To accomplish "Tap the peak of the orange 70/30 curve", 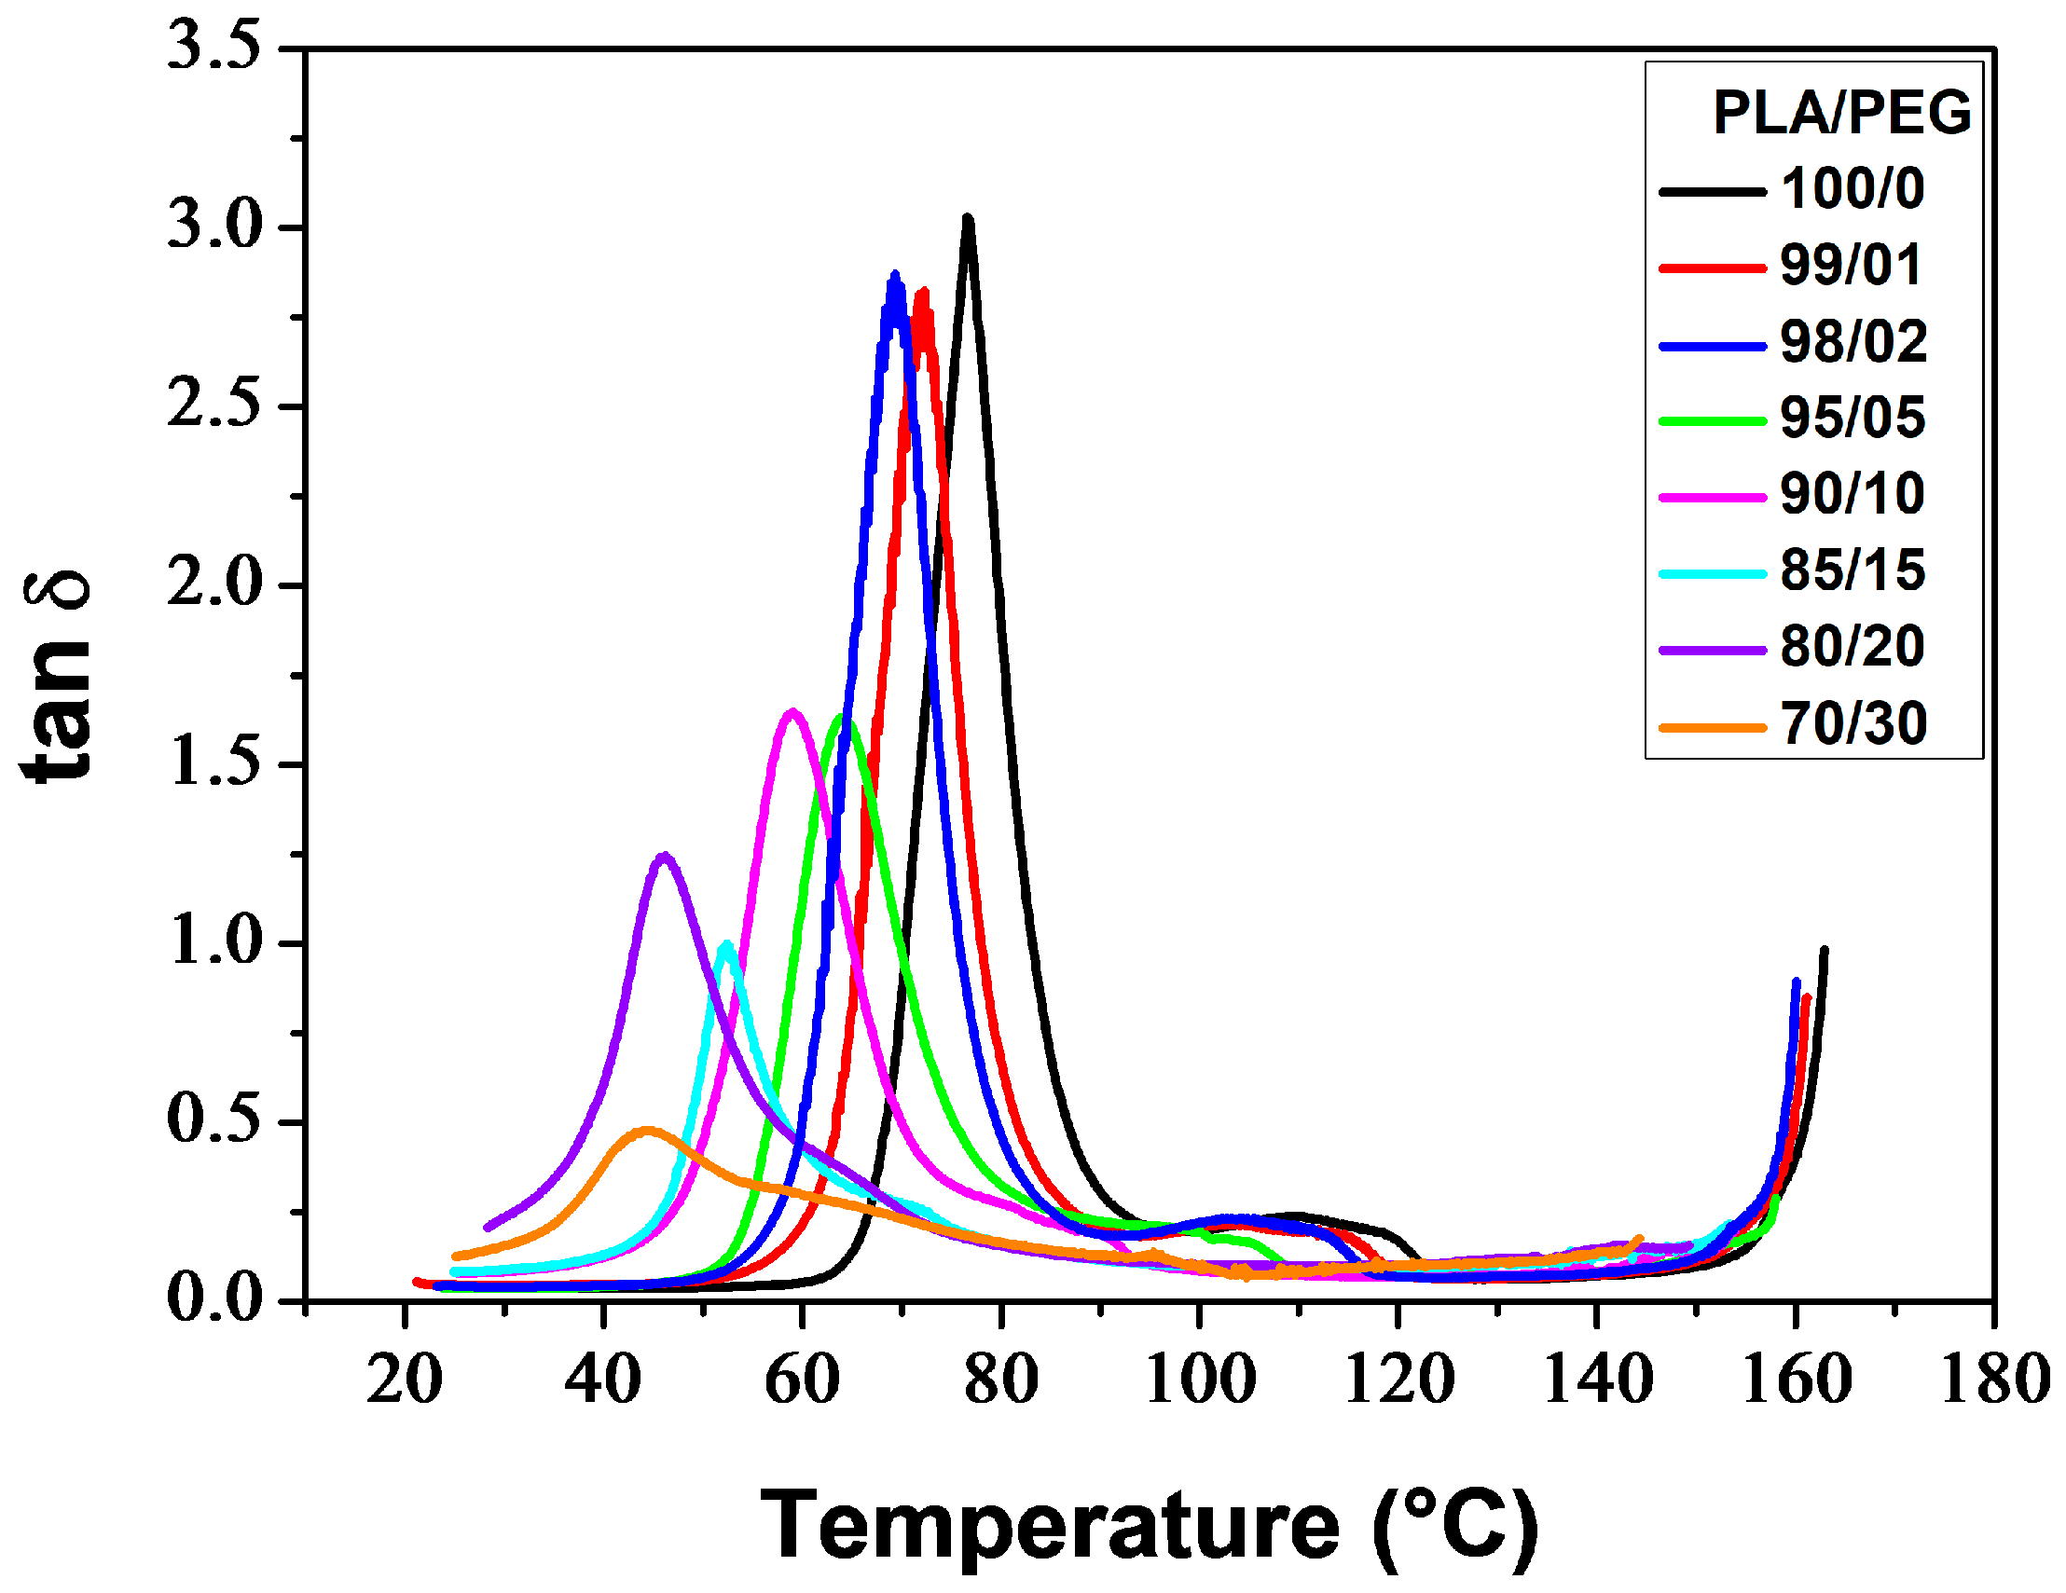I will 647,1130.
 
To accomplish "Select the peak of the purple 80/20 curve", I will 665,856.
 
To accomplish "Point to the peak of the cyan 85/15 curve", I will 726,944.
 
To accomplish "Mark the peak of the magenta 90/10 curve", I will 792,711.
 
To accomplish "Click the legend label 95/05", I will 1852,418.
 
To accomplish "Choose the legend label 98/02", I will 1853,341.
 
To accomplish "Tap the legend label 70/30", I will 1853,723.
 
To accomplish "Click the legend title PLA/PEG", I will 1841,114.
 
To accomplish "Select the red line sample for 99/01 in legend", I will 1713,268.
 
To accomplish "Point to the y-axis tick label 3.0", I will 213,228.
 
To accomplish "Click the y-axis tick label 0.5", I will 213,1121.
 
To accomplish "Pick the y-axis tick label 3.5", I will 213,48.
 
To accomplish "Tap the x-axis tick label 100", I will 1200,1381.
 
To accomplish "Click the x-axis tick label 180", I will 1994,1381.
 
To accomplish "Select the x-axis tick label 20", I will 405,1381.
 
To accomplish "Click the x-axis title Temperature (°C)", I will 1150,1526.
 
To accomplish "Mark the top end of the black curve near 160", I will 1824,950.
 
